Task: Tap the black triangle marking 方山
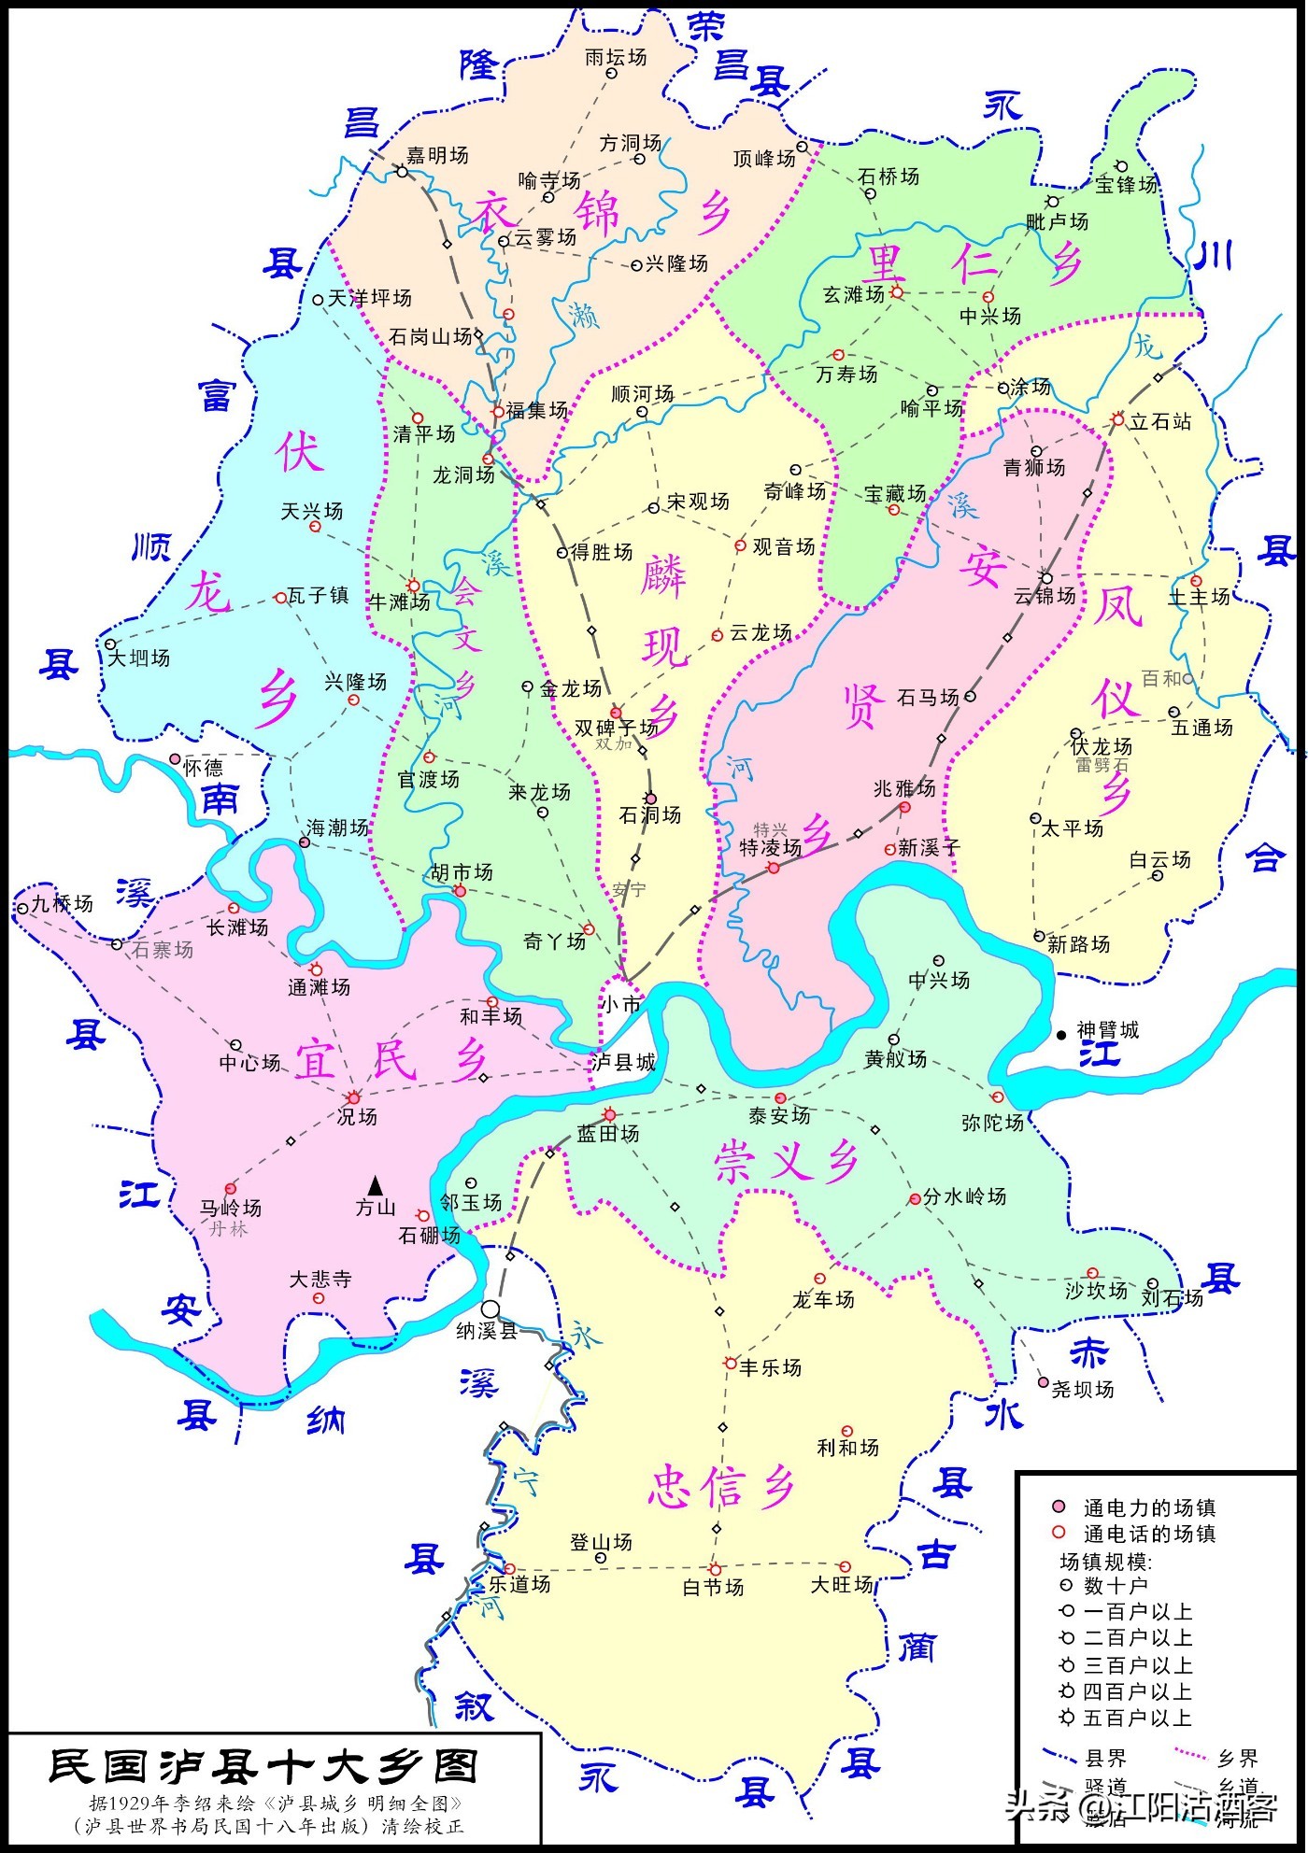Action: pos(376,1185)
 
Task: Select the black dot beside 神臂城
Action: pos(1061,1035)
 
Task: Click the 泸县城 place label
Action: pos(623,1062)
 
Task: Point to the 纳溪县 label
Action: pos(486,1331)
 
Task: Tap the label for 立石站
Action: pos(1160,421)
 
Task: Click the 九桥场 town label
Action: pos(63,903)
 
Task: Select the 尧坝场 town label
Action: pos(1083,1389)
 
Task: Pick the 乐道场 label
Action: pos(520,1584)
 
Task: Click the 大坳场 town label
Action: pos(139,658)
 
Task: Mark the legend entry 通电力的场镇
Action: pos(1149,1507)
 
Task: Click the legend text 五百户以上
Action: pos(1138,1718)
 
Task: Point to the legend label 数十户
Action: pos(1116,1585)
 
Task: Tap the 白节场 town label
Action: pos(713,1587)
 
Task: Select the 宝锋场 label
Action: pos(1127,185)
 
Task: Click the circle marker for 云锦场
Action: pos(1046,578)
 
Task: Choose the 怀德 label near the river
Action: pos(204,768)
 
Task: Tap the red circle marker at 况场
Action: pos(354,1097)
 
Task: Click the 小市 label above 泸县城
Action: pos(621,1004)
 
